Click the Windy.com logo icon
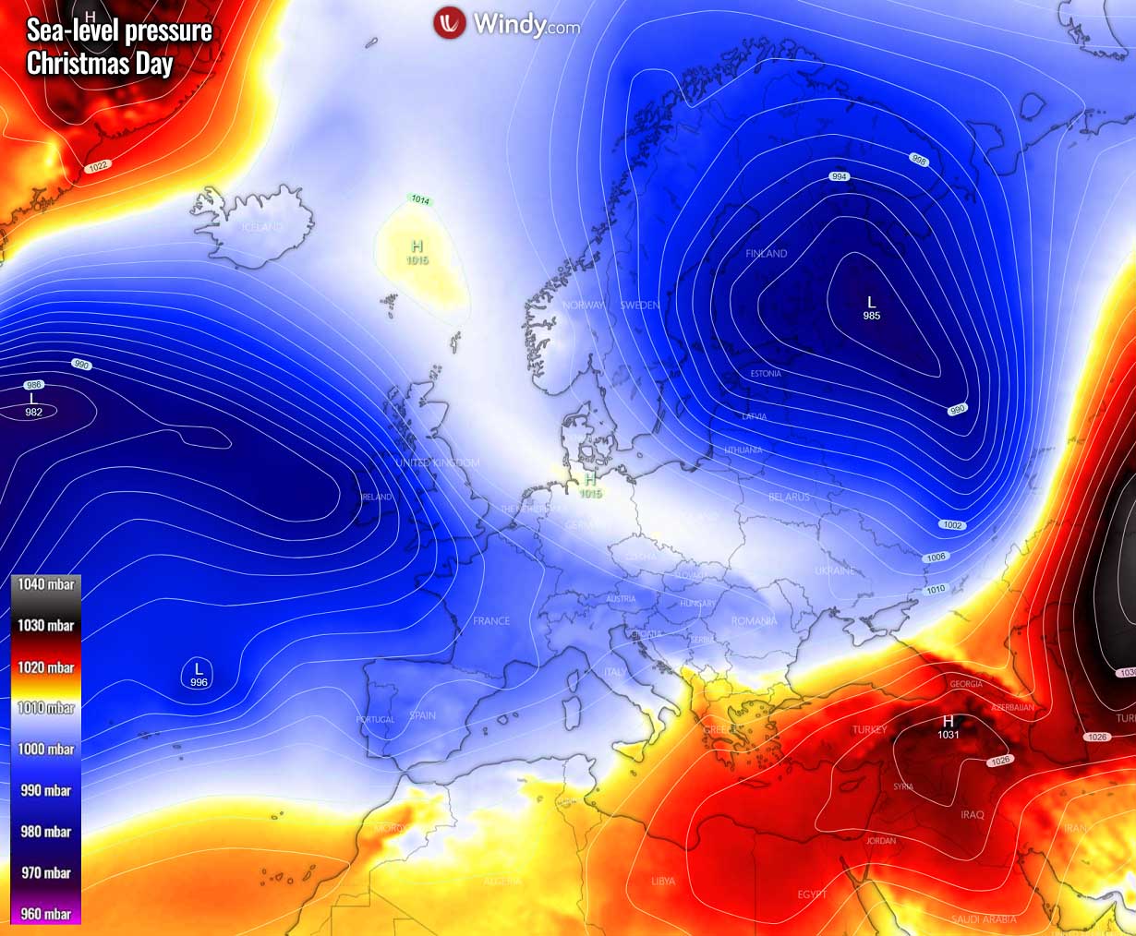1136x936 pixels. pyautogui.click(x=450, y=23)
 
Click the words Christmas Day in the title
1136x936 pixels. pyautogui.click(x=100, y=64)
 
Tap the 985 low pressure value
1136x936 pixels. pyautogui.click(x=871, y=316)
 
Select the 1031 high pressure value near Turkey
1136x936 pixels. pyautogui.click(x=949, y=735)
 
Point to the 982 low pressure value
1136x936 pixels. pyautogui.click(x=33, y=413)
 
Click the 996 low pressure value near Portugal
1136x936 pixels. pyautogui.click(x=199, y=682)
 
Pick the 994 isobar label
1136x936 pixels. pyautogui.click(x=839, y=176)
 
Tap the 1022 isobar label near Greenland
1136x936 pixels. pyautogui.click(x=98, y=166)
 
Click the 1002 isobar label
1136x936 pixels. pyautogui.click(x=953, y=525)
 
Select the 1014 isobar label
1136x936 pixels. pyautogui.click(x=420, y=200)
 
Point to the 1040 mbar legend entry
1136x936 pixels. pyautogui.click(x=46, y=584)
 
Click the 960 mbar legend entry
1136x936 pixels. pyautogui.click(x=46, y=914)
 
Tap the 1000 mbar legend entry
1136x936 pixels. pyautogui.click(x=46, y=749)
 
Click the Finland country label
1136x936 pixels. pyautogui.click(x=767, y=253)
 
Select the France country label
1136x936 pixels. pyautogui.click(x=491, y=621)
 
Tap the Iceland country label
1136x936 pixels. pyautogui.click(x=261, y=227)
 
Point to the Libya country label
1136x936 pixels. pyautogui.click(x=663, y=882)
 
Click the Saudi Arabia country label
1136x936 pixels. pyautogui.click(x=984, y=919)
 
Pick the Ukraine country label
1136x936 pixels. pyautogui.click(x=834, y=571)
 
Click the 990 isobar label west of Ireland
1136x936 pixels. pyautogui.click(x=81, y=366)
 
